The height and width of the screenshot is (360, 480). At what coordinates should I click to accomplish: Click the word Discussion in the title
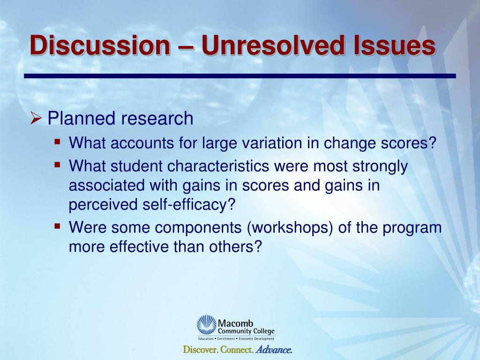(100, 45)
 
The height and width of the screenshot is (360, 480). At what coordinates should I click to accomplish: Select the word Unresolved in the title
(273, 45)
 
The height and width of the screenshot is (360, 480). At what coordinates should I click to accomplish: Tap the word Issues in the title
(394, 45)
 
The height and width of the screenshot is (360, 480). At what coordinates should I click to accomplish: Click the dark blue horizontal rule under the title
(240, 76)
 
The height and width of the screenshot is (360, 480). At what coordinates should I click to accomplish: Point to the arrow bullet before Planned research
(36, 119)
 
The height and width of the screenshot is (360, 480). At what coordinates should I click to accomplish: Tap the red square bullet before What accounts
(57, 142)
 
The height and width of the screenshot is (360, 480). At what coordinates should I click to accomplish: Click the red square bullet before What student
(57, 165)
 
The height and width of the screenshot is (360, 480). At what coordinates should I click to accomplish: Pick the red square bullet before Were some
(57, 226)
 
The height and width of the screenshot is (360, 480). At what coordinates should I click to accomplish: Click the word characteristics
(218, 166)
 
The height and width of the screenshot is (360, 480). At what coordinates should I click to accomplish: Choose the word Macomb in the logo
(235, 323)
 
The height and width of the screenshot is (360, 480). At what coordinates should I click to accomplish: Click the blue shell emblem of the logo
(207, 325)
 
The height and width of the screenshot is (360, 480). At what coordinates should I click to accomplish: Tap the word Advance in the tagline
(274, 350)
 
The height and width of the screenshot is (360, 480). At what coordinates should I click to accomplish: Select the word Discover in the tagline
(201, 350)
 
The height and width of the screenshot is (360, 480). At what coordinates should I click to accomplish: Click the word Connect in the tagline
(237, 350)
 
